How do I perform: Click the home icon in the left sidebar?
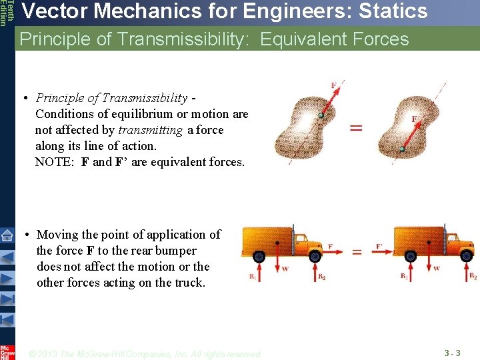[x=7, y=235]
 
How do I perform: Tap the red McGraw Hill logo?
[x=7, y=351]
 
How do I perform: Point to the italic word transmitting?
[x=152, y=130]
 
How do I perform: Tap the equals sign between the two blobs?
[x=355, y=127]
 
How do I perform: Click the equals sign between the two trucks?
[x=357, y=252]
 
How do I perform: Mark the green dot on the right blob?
[x=402, y=149]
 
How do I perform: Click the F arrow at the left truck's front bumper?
[x=333, y=252]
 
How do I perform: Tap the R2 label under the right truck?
[x=473, y=275]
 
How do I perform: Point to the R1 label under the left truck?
[x=253, y=276]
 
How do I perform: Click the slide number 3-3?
[x=453, y=352]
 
